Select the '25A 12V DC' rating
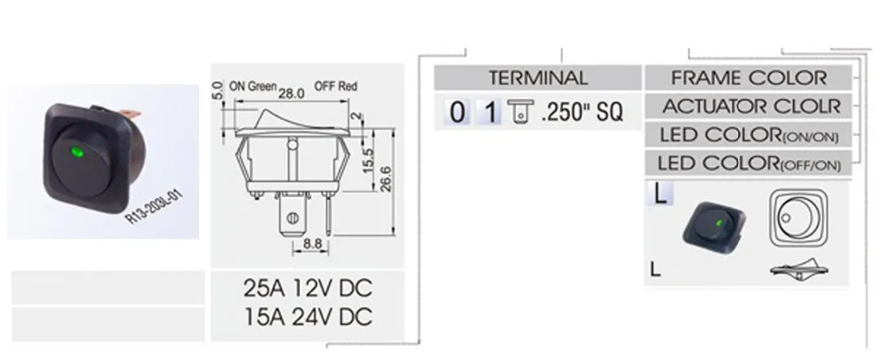[307, 289]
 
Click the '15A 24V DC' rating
[307, 317]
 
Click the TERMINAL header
[538, 78]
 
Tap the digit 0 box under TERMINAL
[456, 112]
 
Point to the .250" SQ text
[581, 112]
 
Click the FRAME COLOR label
[749, 78]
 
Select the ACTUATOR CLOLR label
[749, 106]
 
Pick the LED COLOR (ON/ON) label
[749, 134]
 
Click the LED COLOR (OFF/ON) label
[749, 163]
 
